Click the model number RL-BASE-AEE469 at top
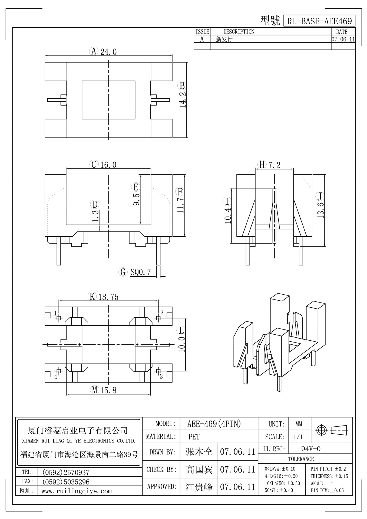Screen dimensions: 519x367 click(x=319, y=21)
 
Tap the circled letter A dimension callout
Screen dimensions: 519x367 click(x=94, y=51)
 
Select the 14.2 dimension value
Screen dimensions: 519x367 click(x=183, y=99)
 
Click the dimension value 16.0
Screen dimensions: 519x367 click(x=108, y=165)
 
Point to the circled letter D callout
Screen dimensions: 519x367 click(x=95, y=204)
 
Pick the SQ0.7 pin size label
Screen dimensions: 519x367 click(x=141, y=272)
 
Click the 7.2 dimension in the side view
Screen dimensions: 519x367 click(x=274, y=165)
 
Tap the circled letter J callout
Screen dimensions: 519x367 click(x=320, y=197)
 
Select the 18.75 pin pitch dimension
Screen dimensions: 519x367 click(x=108, y=297)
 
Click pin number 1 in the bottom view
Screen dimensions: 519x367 click(x=55, y=313)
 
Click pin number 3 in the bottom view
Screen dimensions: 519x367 click(x=161, y=377)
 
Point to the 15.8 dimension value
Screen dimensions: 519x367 click(x=108, y=390)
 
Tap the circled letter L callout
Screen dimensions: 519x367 click(x=181, y=330)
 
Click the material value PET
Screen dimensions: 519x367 click(x=194, y=437)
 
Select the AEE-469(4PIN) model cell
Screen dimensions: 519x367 click(x=214, y=424)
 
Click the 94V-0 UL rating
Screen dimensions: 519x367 click(x=311, y=449)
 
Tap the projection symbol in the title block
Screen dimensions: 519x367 click(x=332, y=430)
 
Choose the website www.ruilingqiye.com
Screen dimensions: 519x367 click(x=77, y=491)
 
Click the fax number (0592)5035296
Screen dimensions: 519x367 click(x=66, y=482)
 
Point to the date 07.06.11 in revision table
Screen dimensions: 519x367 click(x=343, y=39)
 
